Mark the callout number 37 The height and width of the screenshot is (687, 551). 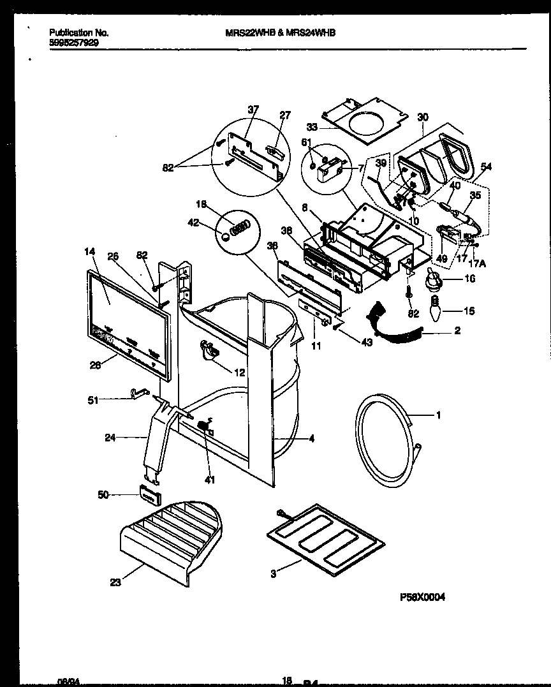pyautogui.click(x=253, y=110)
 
